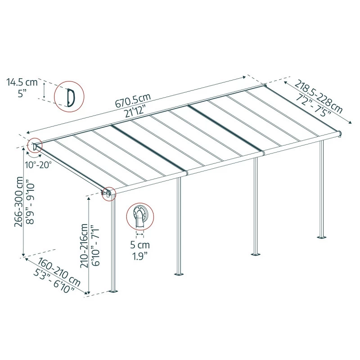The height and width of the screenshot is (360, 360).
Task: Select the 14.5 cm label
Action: pyautogui.click(x=22, y=82)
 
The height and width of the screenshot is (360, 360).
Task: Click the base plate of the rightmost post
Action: pyautogui.click(x=322, y=237)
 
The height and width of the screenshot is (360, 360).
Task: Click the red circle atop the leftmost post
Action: pyautogui.click(x=109, y=193)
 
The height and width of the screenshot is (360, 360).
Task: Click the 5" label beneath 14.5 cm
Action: pyautogui.click(x=22, y=93)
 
